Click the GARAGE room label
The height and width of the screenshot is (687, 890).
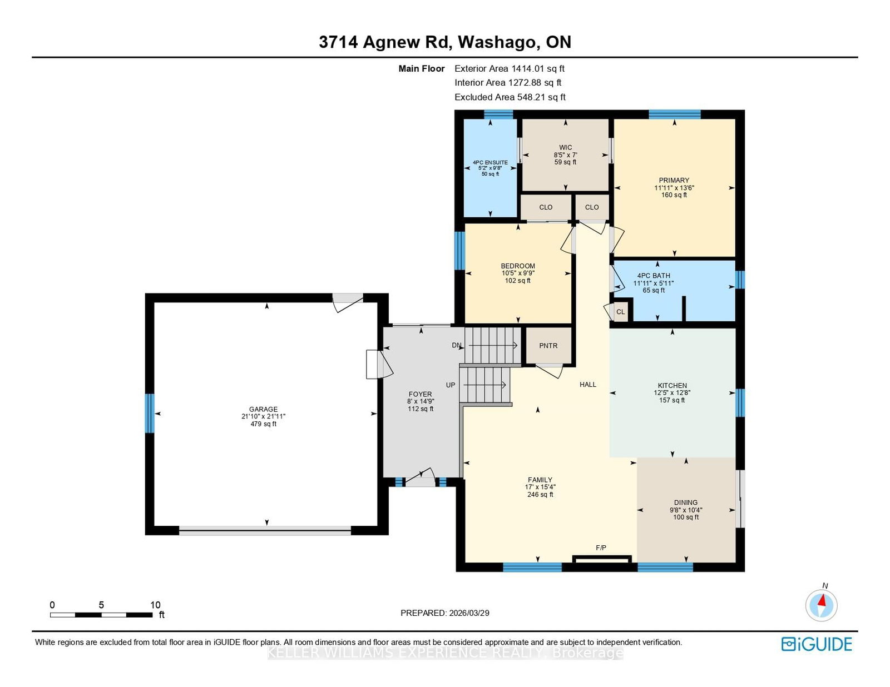click(x=263, y=409)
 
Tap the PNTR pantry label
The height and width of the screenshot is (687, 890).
click(x=548, y=346)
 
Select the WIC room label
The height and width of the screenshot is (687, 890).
click(x=566, y=147)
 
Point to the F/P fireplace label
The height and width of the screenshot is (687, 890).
click(x=601, y=547)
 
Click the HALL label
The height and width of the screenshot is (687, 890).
click(x=588, y=384)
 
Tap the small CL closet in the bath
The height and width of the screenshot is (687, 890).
click(x=621, y=312)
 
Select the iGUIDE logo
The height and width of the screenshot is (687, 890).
click(x=817, y=644)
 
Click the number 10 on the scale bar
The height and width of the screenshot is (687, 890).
click(x=155, y=605)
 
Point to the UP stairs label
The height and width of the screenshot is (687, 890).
click(x=451, y=385)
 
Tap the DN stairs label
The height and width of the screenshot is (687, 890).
click(x=457, y=345)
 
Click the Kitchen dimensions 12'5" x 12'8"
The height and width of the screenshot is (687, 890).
click(x=672, y=392)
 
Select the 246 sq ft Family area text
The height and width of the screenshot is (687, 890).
click(x=540, y=494)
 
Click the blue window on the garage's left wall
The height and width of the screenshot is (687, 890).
click(x=150, y=414)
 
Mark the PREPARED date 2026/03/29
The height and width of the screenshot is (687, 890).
click(x=469, y=613)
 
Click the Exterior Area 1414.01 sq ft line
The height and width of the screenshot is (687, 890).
click(x=510, y=68)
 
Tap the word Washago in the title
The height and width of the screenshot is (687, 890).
click(x=496, y=42)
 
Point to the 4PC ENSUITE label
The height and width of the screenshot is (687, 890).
click(x=490, y=162)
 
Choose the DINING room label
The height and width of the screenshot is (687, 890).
click(x=686, y=502)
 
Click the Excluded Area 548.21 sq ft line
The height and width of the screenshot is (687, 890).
click(x=510, y=97)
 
